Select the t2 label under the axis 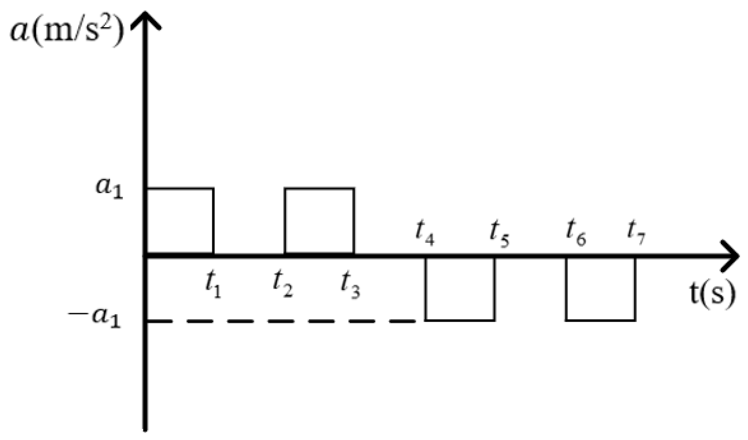pyautogui.click(x=283, y=285)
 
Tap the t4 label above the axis pyautogui.click(x=425, y=233)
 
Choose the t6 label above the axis pyautogui.click(x=576, y=233)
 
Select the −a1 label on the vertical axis pyautogui.click(x=95, y=318)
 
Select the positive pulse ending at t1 pyautogui.click(x=181, y=221)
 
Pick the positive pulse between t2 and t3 pyautogui.click(x=319, y=221)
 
